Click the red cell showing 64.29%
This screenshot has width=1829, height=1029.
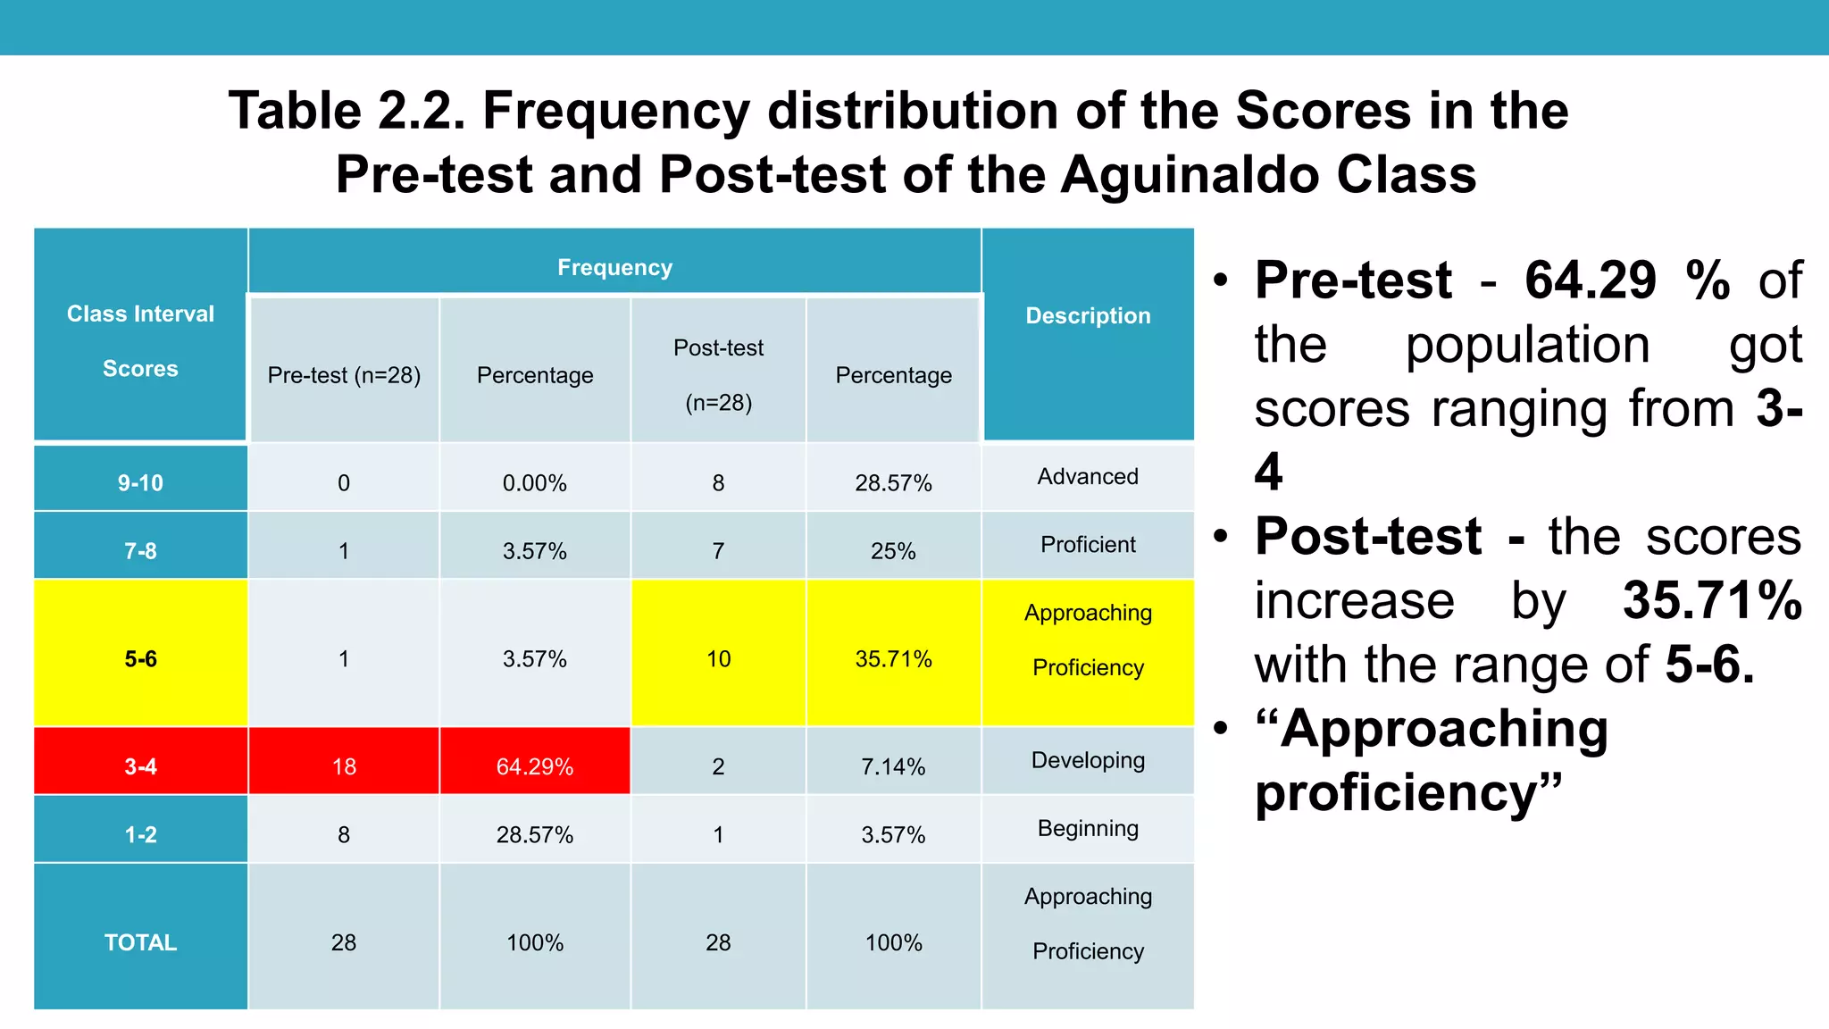[x=534, y=765]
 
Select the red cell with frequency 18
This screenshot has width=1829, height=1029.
[x=344, y=765]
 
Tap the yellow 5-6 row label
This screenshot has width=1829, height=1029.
[x=140, y=658]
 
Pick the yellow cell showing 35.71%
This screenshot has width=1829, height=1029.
[x=893, y=658]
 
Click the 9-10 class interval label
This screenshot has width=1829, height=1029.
[x=140, y=482]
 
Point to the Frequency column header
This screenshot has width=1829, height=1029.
[x=614, y=267]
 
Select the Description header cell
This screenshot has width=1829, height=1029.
[x=1088, y=315]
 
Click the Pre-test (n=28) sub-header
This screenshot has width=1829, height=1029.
[x=344, y=375]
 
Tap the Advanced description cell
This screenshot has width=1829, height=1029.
[x=1088, y=476]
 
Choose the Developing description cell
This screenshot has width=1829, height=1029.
[x=1088, y=760]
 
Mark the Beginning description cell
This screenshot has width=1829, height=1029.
[x=1088, y=828]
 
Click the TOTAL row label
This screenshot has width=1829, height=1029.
[x=140, y=941]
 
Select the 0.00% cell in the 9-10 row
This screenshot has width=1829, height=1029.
[x=534, y=482]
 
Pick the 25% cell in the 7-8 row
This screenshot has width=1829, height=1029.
[x=893, y=550]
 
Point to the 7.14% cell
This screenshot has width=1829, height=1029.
[x=893, y=765]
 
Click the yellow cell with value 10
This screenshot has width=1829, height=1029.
[x=718, y=658]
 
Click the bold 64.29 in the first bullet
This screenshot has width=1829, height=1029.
[x=1590, y=280]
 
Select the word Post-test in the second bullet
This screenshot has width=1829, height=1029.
[x=1367, y=536]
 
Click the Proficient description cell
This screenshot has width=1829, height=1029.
[x=1088, y=544]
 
